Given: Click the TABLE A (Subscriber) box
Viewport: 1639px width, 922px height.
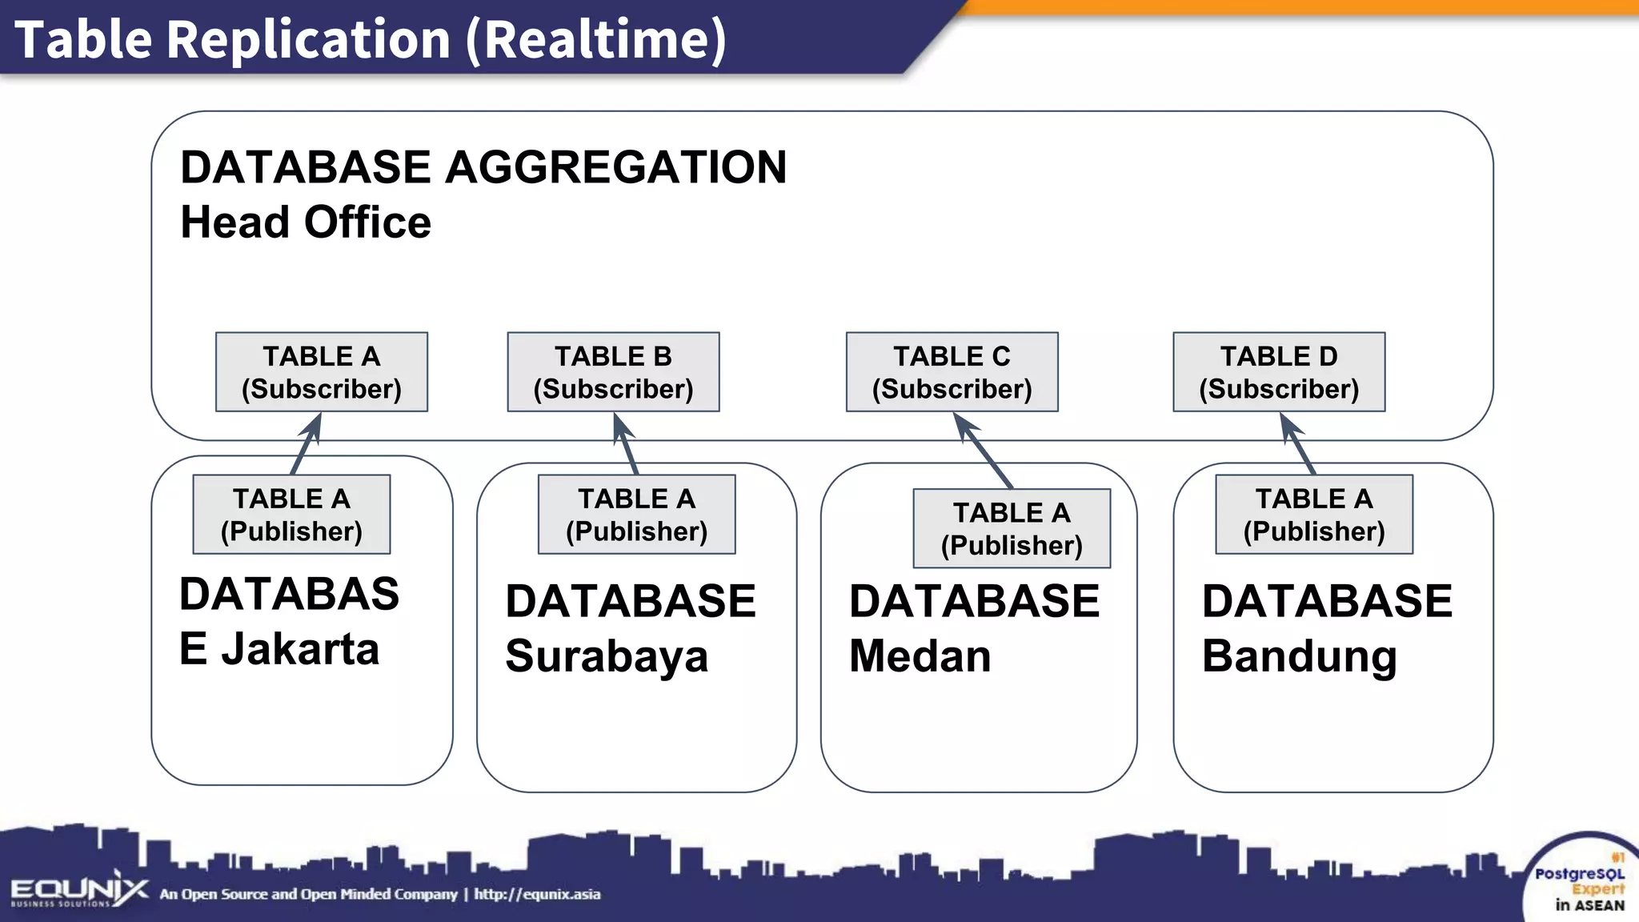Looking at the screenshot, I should [x=321, y=372].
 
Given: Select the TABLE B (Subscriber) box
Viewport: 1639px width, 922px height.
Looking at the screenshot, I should [x=613, y=372].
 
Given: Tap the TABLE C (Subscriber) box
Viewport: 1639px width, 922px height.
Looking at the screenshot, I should [x=952, y=372].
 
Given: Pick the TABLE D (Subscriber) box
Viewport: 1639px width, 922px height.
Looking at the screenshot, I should [x=1279, y=372].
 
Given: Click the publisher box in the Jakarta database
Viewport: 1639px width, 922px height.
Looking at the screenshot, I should [x=291, y=515].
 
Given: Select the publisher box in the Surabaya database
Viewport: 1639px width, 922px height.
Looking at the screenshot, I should [x=636, y=515].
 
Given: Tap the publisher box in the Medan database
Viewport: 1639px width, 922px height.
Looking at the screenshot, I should [x=1012, y=528].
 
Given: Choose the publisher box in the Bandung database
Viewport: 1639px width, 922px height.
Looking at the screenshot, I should [x=1314, y=515].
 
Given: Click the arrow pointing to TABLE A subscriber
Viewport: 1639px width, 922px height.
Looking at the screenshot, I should [x=307, y=444].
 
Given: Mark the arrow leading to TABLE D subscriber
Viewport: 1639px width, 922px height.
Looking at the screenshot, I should [x=1297, y=444].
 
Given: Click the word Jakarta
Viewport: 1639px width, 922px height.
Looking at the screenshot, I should [x=300, y=649].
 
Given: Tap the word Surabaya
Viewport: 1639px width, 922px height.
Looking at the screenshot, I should [x=607, y=656].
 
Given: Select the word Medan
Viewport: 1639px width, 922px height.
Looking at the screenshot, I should [x=920, y=656].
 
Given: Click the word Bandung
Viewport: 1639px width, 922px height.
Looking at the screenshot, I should [x=1299, y=656].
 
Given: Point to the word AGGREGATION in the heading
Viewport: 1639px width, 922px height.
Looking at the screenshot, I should [x=615, y=167].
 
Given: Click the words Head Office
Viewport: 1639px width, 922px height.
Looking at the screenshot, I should [x=306, y=222].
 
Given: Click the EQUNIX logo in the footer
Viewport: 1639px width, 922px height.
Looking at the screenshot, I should [x=78, y=891].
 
